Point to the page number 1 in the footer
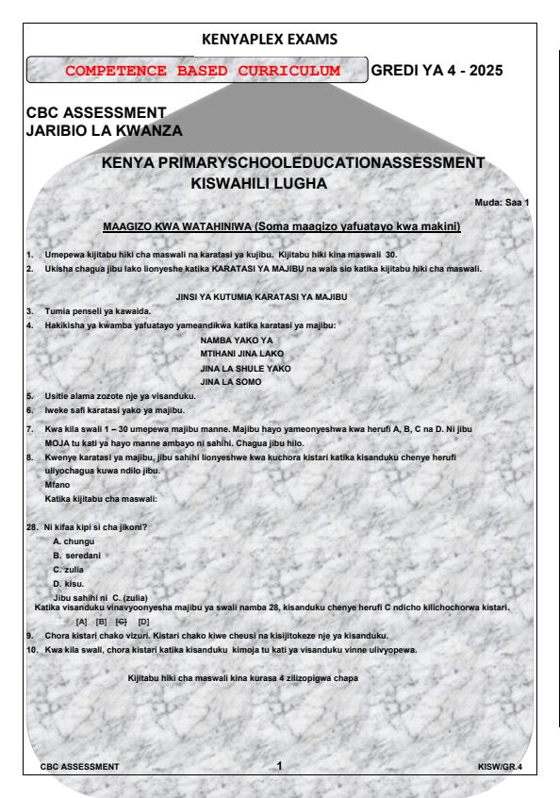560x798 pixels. coord(279,765)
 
